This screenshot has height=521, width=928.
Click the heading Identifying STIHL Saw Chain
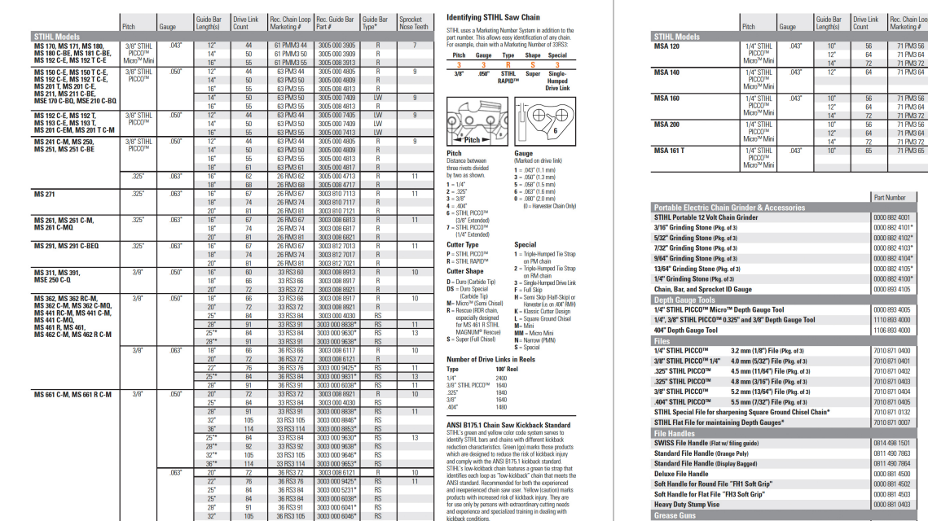493,17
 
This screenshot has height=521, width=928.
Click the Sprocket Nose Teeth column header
414,23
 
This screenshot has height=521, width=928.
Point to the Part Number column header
889,197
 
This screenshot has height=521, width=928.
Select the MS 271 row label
45,194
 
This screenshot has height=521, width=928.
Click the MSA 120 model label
666,46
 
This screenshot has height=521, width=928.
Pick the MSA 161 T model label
669,151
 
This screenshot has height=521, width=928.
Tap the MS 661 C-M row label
72,394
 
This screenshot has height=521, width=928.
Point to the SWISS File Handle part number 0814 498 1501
891,444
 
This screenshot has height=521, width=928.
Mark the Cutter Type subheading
463,244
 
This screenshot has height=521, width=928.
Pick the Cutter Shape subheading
464,270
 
